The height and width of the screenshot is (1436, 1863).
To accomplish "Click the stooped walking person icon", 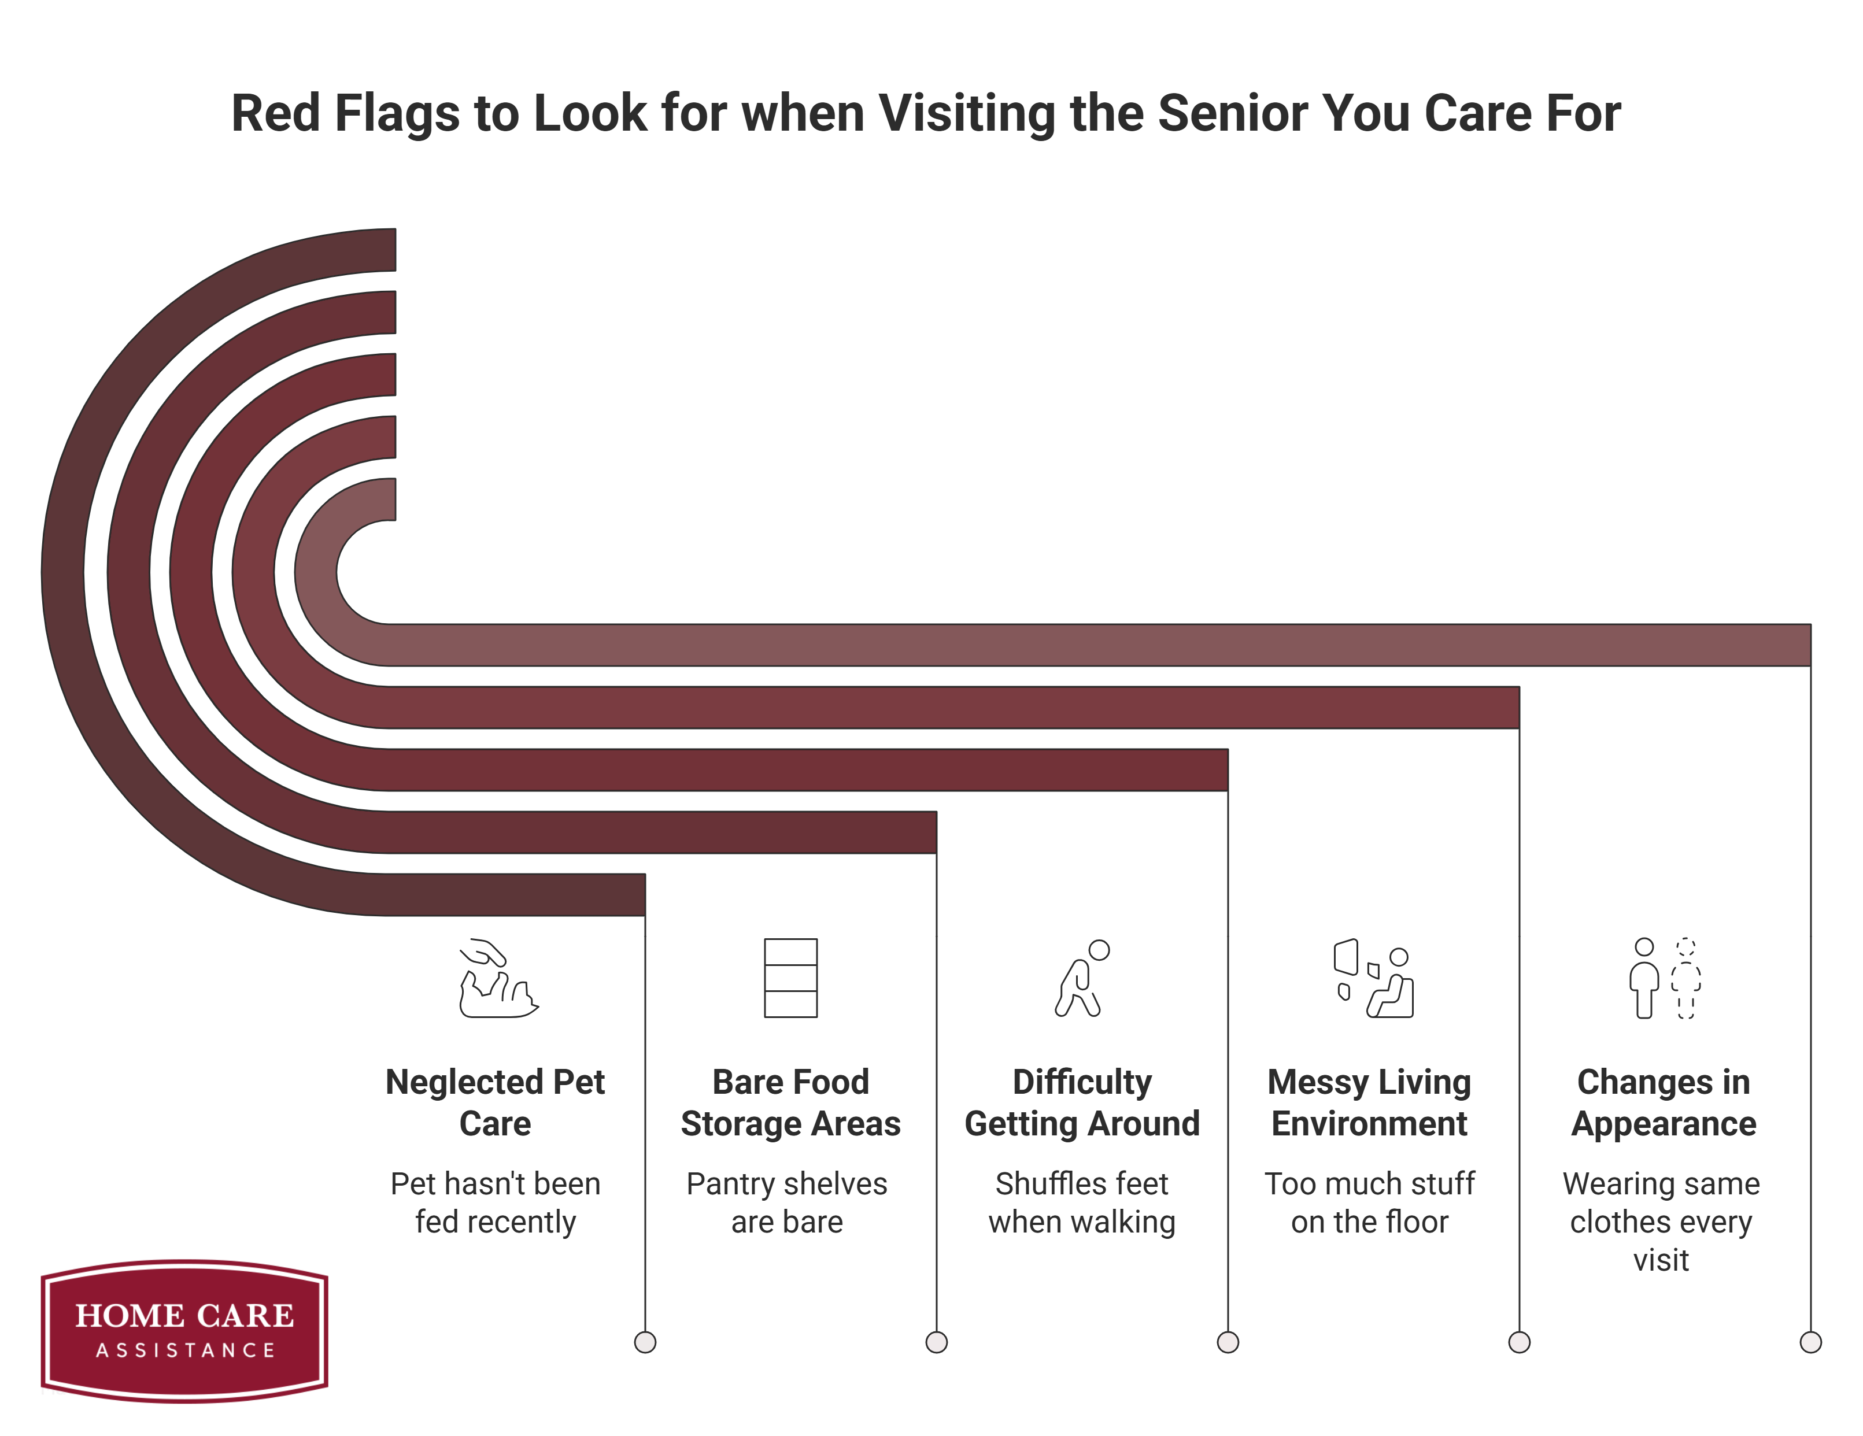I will (1082, 978).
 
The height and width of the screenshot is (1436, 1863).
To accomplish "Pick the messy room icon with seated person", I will (1373, 978).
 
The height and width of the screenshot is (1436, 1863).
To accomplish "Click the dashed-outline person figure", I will (1685, 978).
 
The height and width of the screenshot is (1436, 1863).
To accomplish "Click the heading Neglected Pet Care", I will (495, 1102).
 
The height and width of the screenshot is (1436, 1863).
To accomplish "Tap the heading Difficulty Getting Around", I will (1082, 1102).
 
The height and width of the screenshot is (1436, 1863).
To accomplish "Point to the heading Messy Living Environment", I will (1369, 1102).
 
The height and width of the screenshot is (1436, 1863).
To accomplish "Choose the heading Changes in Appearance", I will (1664, 1102).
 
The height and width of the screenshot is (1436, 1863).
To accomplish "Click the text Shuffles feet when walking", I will (1082, 1202).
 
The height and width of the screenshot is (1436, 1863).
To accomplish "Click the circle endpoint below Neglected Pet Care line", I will (645, 1342).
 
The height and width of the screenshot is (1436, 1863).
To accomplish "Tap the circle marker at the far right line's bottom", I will (1810, 1342).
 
